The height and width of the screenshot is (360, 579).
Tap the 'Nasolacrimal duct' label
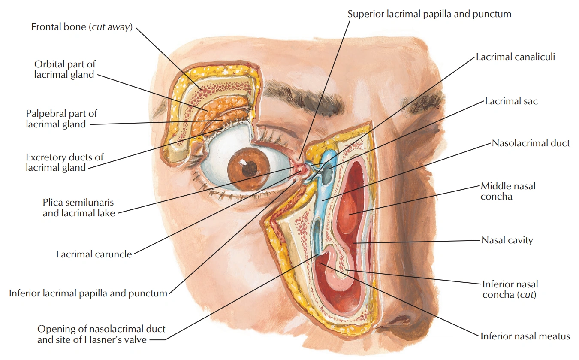(x=531, y=143)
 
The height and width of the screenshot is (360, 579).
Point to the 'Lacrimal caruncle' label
(x=94, y=254)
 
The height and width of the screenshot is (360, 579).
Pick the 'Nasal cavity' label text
(x=507, y=240)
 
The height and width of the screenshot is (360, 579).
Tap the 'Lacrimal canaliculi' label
(x=515, y=57)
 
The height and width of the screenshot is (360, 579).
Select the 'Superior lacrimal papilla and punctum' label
(x=429, y=14)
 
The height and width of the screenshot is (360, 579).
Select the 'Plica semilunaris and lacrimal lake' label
(x=78, y=207)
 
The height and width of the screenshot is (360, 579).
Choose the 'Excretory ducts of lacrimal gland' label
(x=64, y=162)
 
